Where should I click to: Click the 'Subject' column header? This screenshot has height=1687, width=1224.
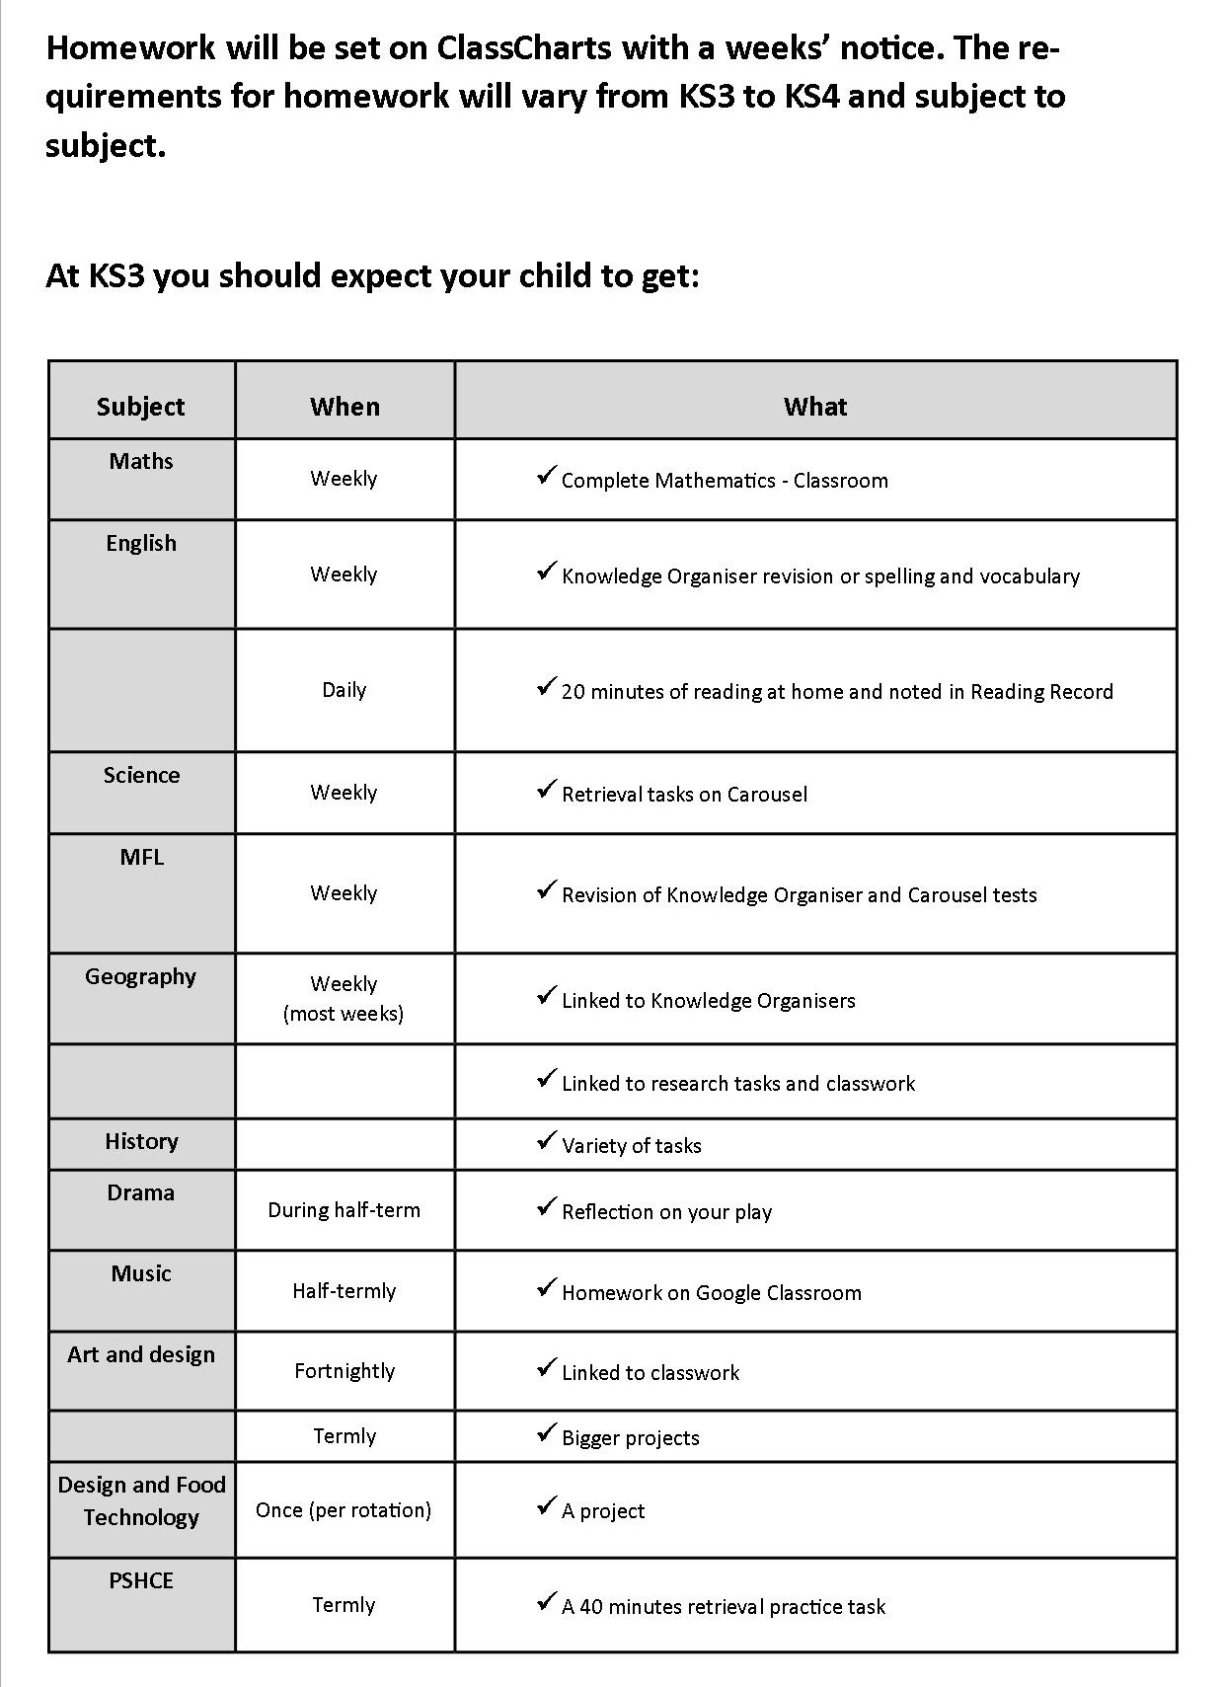tap(140, 407)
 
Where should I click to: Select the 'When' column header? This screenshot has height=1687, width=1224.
tap(344, 407)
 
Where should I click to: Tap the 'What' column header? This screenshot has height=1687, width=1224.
tap(814, 407)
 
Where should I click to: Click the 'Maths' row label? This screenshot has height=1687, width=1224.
tap(141, 461)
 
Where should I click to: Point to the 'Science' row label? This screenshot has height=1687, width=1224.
tap(141, 775)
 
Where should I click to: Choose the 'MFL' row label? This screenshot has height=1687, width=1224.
tap(141, 857)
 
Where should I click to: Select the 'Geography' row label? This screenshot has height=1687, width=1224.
tap(140, 976)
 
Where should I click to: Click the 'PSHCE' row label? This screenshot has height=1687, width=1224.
tap(141, 1580)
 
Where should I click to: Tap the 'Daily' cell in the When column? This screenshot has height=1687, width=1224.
tap(344, 690)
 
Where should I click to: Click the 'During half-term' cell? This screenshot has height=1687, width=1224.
tap(344, 1210)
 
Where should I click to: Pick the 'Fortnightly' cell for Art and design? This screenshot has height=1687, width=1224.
tap(344, 1371)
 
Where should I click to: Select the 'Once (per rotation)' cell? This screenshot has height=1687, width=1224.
tap(344, 1510)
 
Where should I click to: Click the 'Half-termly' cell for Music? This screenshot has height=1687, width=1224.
tap(344, 1291)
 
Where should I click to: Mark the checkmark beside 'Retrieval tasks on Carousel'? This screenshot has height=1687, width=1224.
tap(546, 790)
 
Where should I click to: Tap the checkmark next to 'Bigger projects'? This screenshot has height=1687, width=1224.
tap(546, 1433)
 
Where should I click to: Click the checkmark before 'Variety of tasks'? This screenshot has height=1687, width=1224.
tap(546, 1141)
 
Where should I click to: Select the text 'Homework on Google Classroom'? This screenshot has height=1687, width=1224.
tap(711, 1293)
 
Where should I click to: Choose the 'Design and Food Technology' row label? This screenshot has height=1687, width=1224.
tap(141, 1500)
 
